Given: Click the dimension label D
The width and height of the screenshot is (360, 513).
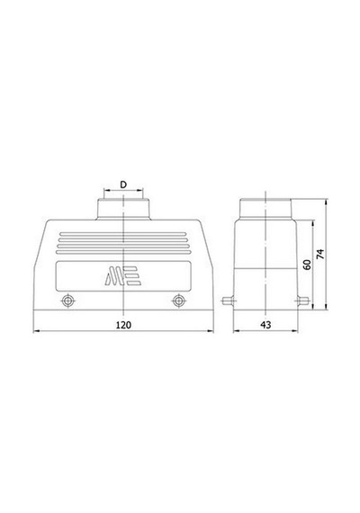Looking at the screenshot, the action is [123, 184].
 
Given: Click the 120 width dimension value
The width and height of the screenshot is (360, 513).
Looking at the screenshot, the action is [123, 325].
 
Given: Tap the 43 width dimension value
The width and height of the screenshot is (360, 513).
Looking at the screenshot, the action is [265, 325].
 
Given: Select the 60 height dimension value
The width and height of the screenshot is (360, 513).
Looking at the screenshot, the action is [307, 265].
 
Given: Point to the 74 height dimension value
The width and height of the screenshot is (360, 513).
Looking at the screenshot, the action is [320, 254].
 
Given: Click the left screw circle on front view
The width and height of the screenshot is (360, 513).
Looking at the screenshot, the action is [67, 301].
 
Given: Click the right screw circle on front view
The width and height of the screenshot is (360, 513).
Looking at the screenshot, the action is [178, 301].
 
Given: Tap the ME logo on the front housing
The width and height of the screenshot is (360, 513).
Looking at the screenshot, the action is [123, 275].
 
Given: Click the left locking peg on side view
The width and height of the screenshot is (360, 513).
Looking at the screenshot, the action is [228, 301].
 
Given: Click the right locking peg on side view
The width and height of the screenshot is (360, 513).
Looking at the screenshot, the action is [303, 301].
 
